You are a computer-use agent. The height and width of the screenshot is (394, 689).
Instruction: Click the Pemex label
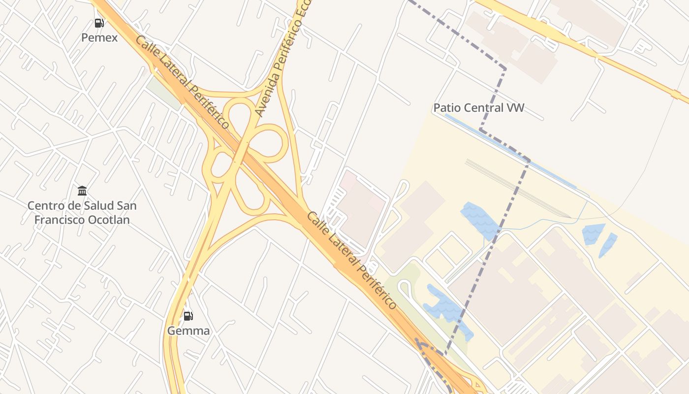(x=99, y=37)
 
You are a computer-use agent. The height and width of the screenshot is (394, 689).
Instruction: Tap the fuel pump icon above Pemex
(x=99, y=23)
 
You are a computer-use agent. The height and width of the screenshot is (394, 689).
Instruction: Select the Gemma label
(x=188, y=331)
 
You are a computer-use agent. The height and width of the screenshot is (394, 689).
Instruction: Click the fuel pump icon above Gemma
(x=188, y=316)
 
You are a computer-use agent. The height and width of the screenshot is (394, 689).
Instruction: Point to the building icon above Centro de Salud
(x=82, y=191)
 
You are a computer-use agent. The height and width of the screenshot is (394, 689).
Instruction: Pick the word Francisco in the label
(x=60, y=220)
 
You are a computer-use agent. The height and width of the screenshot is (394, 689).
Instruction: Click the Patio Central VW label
(x=478, y=108)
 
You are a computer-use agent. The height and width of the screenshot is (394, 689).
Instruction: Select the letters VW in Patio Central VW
(x=515, y=108)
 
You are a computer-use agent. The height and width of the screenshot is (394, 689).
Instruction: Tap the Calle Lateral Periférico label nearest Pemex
(x=182, y=82)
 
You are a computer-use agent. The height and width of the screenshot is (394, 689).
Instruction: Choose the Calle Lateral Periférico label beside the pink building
(x=351, y=261)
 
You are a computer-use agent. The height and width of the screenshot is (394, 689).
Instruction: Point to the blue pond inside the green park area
(x=445, y=307)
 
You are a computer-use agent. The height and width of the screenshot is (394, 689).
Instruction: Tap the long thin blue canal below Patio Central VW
(x=512, y=151)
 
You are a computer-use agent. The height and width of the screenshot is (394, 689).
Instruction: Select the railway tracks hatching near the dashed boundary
(x=517, y=187)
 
